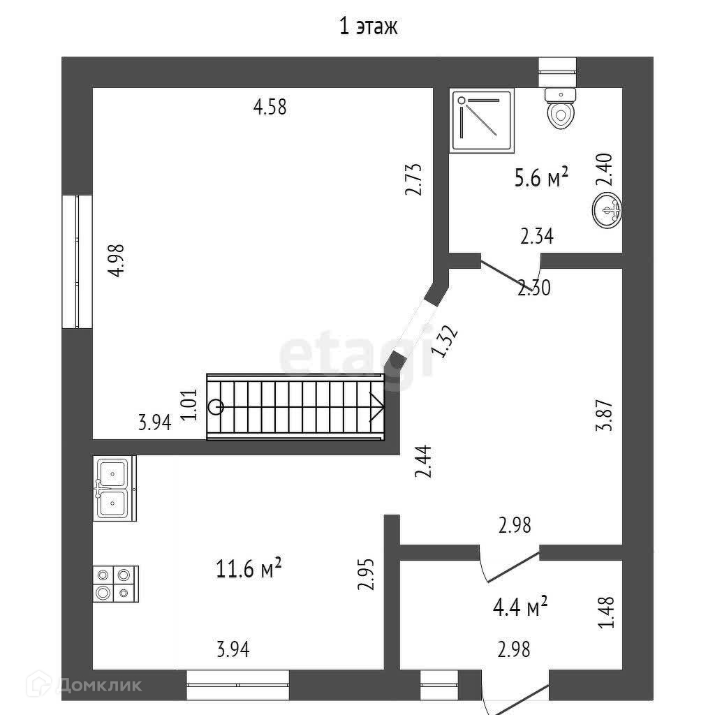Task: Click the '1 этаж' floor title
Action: [368, 27]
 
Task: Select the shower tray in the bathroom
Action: [482, 120]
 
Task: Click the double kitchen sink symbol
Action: [113, 488]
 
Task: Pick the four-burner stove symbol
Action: [115, 584]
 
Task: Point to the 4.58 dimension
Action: [270, 108]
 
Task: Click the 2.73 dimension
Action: [415, 179]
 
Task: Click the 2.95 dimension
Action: [366, 574]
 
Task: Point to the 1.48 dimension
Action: [607, 612]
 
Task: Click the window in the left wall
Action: [78, 261]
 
